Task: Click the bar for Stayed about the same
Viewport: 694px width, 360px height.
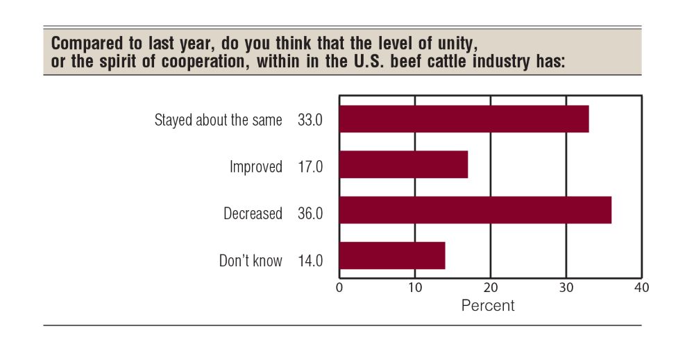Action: [x=464, y=119]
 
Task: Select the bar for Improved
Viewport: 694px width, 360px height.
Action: [x=403, y=165]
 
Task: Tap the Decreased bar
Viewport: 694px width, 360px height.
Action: [x=475, y=210]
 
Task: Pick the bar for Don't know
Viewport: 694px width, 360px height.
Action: [x=392, y=255]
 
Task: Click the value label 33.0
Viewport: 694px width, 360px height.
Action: [x=310, y=120]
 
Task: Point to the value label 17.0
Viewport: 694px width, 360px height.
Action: [x=310, y=167]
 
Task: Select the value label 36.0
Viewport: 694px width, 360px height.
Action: [x=310, y=214]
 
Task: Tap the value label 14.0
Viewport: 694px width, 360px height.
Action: [x=310, y=261]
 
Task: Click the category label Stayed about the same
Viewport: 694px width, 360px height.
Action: [x=218, y=120]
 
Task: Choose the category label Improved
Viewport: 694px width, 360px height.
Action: [x=256, y=167]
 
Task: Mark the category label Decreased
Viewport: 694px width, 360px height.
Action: [x=253, y=214]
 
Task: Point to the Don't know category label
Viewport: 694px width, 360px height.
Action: [x=251, y=261]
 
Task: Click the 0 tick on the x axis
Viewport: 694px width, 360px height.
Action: [x=339, y=286]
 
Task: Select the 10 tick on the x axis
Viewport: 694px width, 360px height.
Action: [x=415, y=286]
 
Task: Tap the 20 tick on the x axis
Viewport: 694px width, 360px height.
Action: [x=491, y=286]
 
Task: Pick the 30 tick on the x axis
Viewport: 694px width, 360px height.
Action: [x=566, y=286]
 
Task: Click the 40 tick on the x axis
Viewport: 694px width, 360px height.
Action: [x=642, y=286]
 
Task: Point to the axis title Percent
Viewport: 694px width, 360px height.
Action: [x=488, y=305]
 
